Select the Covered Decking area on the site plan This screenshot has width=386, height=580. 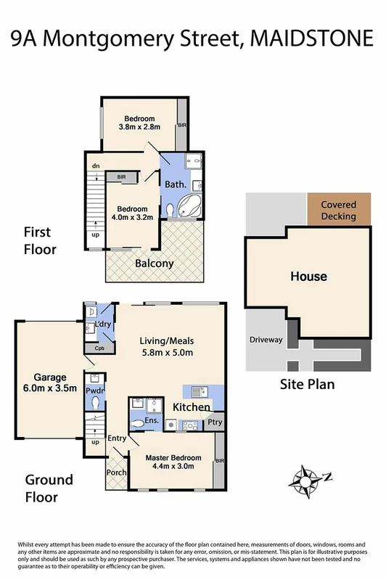point(338,211)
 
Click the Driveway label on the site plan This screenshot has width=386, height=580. point(266,339)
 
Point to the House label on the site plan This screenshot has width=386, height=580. point(308,277)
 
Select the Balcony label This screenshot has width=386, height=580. point(155,264)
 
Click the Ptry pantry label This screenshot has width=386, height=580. point(215,422)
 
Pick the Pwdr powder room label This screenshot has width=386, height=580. point(95,390)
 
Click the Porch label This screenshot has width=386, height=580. point(117,473)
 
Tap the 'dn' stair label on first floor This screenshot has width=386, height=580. point(95,166)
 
